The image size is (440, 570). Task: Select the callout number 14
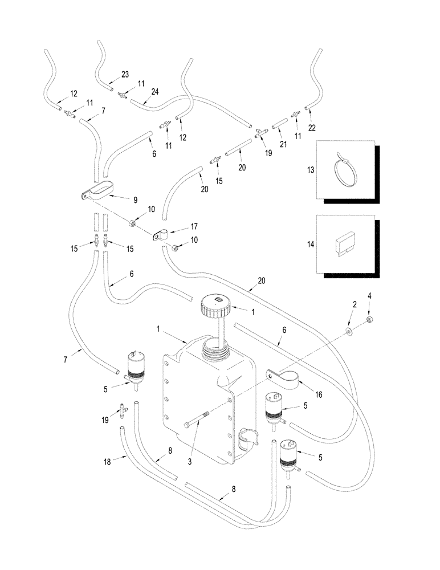coord(327,243)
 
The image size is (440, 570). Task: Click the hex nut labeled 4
coord(369,319)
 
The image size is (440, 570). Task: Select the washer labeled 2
coord(349,331)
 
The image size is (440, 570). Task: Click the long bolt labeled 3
coord(196,425)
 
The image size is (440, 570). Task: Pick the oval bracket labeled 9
coord(99,190)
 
